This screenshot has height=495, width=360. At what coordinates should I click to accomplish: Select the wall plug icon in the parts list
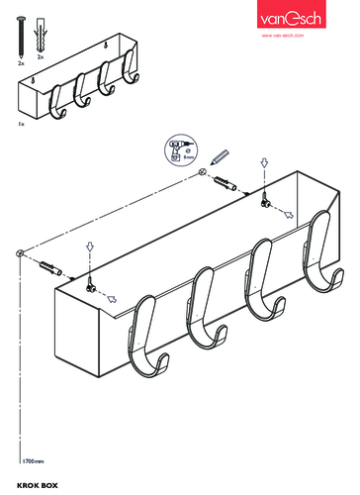[41, 34]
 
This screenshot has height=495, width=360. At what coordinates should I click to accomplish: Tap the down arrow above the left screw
[88, 247]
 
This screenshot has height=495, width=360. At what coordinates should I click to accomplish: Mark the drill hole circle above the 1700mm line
[20, 255]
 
